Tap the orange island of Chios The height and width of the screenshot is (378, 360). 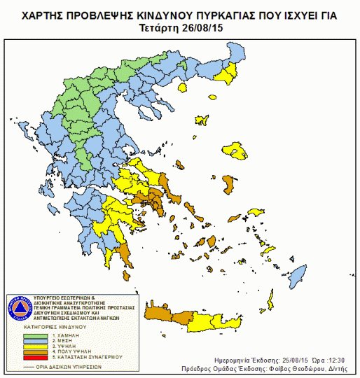(x=228, y=185)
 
